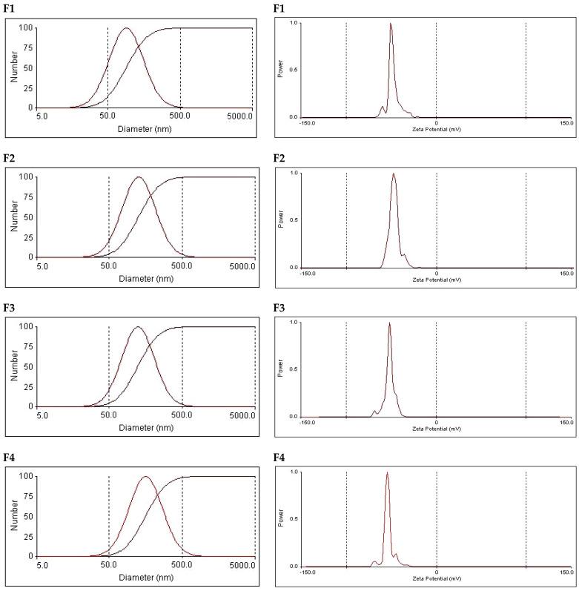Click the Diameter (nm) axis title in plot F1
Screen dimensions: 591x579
tap(144, 128)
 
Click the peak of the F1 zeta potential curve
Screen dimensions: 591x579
tap(391, 24)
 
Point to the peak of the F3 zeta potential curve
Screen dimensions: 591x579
tap(389, 323)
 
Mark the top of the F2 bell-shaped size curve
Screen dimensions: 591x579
tap(139, 177)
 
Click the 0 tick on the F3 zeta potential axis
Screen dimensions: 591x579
tap(436, 423)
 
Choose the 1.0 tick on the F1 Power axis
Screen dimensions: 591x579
tap(293, 23)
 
